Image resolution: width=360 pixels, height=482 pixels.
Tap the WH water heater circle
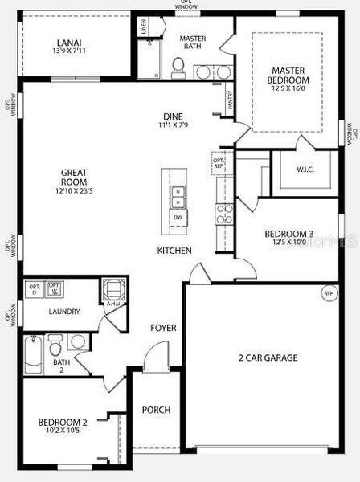329,292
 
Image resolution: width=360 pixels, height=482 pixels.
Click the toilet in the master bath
179,67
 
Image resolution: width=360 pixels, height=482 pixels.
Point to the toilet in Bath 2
55,348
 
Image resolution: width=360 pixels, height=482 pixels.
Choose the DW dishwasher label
178,217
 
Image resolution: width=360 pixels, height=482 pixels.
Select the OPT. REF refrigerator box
219,162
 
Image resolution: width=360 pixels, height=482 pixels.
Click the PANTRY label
231,100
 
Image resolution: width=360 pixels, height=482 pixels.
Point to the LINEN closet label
143,27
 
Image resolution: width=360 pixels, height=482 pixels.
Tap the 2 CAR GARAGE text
268,357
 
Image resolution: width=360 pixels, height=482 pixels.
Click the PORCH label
156,410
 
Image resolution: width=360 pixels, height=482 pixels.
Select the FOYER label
163,328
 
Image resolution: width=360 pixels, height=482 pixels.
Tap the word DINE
174,116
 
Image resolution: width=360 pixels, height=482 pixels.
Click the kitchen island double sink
178,194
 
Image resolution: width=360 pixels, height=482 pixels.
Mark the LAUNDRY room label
63,312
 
